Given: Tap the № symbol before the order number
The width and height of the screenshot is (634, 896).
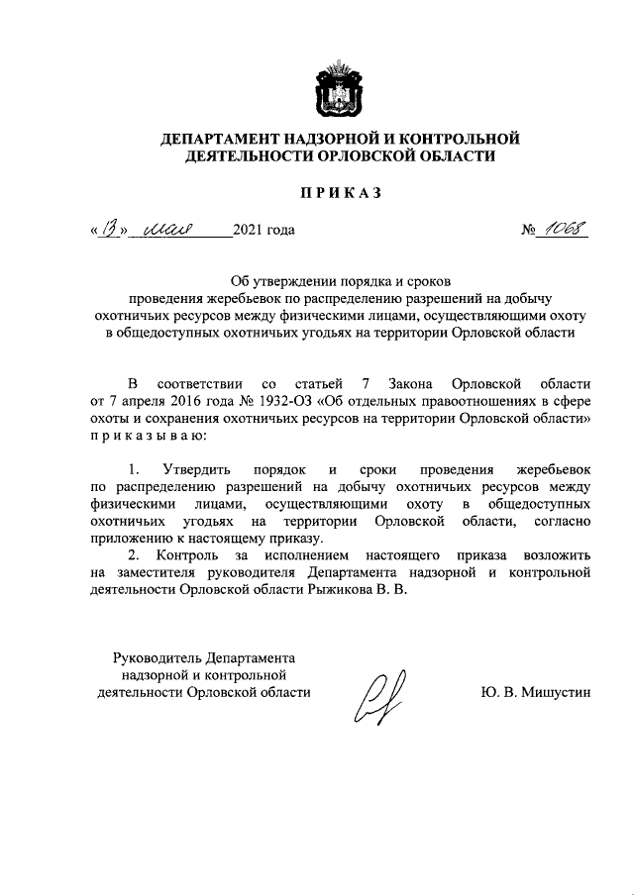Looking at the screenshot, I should (x=530, y=233).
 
